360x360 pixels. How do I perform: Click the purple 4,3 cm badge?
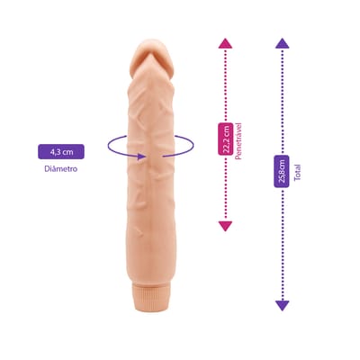(x=61, y=151)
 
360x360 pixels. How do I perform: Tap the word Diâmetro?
(x=61, y=169)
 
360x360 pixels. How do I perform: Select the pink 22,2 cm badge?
(x=226, y=139)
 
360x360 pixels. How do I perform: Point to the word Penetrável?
(x=238, y=140)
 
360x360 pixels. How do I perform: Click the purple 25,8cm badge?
(x=282, y=171)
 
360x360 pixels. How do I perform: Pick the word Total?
(x=298, y=173)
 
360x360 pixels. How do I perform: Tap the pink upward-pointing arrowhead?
(x=225, y=43)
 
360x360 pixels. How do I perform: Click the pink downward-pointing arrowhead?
(x=225, y=226)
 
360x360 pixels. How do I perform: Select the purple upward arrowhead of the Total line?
(x=282, y=43)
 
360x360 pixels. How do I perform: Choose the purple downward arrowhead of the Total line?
(x=282, y=305)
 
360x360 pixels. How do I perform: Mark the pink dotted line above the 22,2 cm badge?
(x=225, y=85)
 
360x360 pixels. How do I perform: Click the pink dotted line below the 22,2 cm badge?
(x=225, y=188)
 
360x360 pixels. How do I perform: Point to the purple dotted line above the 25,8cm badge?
(x=282, y=102)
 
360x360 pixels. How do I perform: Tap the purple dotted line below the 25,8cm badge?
(x=282, y=244)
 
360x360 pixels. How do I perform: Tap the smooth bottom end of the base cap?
(x=150, y=304)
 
